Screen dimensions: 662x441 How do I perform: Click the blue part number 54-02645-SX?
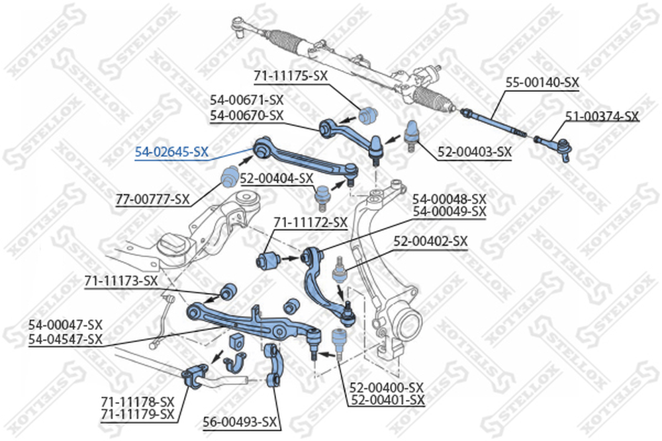coord(172,152)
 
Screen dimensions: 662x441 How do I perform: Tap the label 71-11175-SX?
coord(291,76)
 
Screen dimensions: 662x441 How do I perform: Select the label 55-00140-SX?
coord(543,82)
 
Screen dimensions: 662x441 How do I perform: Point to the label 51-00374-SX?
coord(602,116)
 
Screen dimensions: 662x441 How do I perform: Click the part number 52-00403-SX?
coord(475,152)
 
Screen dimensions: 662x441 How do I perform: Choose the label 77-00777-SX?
coord(153,199)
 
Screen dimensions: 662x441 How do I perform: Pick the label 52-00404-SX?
coord(277,179)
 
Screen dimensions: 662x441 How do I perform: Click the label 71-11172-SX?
coord(310,222)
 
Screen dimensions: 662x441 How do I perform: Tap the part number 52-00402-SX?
coord(431,241)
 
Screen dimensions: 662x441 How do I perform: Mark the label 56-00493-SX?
coord(240,422)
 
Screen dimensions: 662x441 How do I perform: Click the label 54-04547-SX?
coord(66,339)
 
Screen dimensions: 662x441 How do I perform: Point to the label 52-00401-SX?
coord(387,400)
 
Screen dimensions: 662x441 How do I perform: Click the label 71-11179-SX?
coord(138,415)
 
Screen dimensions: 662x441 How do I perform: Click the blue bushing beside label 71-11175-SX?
coord(368,115)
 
